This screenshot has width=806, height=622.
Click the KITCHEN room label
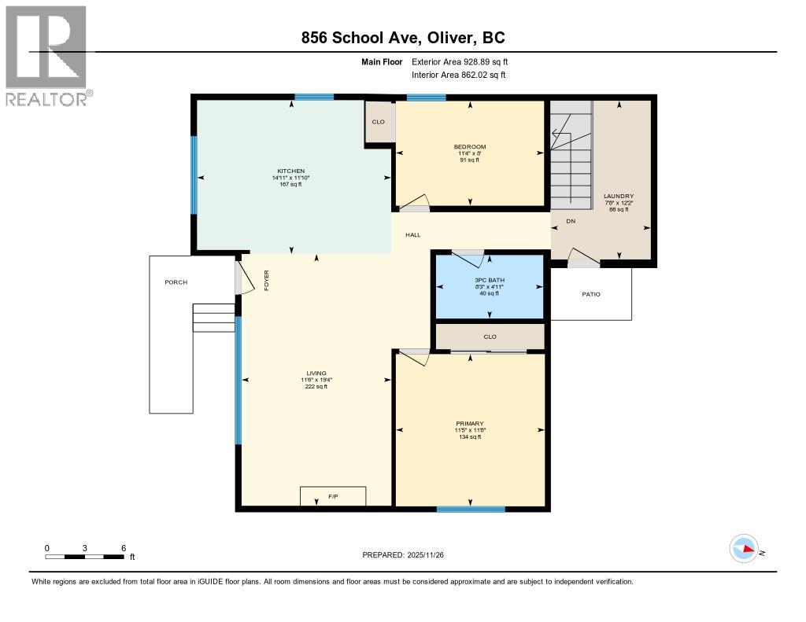pyautogui.click(x=290, y=171)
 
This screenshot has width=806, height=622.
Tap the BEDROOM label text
pyautogui.click(x=469, y=147)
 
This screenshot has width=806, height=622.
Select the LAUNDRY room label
pyautogui.click(x=618, y=197)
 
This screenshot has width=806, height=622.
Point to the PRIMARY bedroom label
pyautogui.click(x=469, y=423)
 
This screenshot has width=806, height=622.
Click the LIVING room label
pyautogui.click(x=316, y=374)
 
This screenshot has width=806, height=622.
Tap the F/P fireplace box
pyautogui.click(x=333, y=497)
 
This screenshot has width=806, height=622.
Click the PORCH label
pyautogui.click(x=176, y=282)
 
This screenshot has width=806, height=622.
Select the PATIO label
pyautogui.click(x=590, y=294)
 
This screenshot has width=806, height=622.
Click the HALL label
pyautogui.click(x=413, y=235)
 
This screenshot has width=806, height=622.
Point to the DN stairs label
pyautogui.click(x=571, y=222)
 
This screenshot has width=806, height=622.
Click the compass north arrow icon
pyautogui.click(x=744, y=549)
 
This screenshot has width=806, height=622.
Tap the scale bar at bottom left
pyautogui.click(x=84, y=557)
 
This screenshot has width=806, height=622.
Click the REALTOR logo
pyautogui.click(x=47, y=55)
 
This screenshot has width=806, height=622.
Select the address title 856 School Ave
pyautogui.click(x=402, y=37)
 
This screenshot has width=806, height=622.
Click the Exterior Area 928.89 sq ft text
pyautogui.click(x=465, y=61)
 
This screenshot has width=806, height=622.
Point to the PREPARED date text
pyautogui.click(x=402, y=554)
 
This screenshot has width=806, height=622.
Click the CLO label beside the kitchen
pyautogui.click(x=379, y=122)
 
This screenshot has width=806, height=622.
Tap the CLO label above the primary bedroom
pyautogui.click(x=490, y=337)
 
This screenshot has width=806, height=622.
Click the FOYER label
pyautogui.click(x=266, y=281)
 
